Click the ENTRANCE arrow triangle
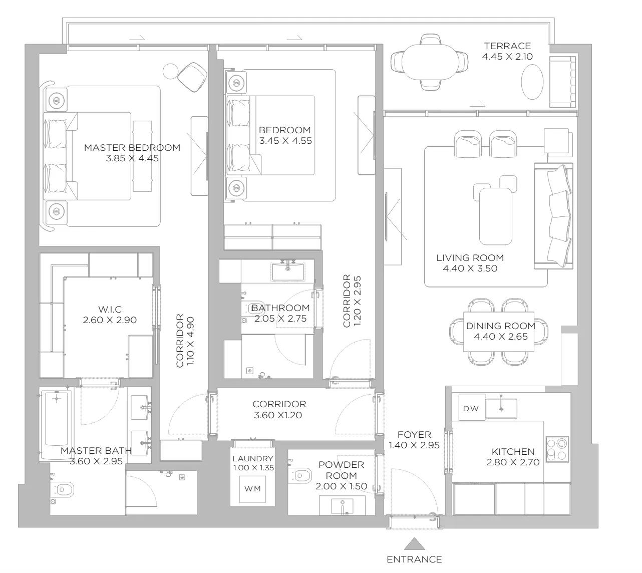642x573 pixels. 414,544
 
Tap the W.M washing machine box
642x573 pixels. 252,489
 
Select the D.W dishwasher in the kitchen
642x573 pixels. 471,409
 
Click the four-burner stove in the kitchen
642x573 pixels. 557,449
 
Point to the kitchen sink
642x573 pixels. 501,409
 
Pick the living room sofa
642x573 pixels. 553,216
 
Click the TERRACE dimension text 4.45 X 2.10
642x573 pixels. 507,57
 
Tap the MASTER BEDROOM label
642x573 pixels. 132,147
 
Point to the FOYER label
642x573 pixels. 414,434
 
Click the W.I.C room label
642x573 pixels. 110,309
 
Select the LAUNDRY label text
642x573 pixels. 253,458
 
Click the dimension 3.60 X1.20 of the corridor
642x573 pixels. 278,415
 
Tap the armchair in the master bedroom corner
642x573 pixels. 192,77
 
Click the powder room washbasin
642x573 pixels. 342,506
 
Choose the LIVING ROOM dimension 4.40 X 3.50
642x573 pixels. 470,268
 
